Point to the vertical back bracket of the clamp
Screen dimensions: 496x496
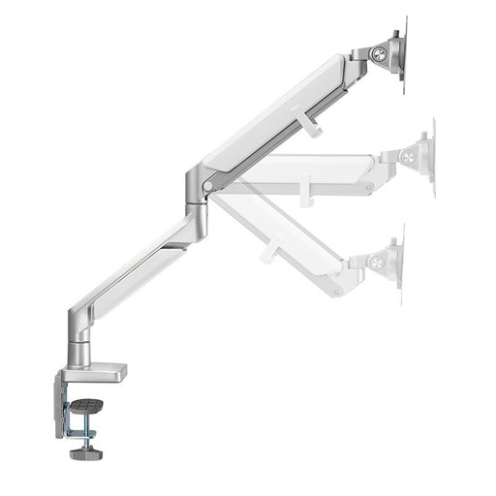coord(50,399)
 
